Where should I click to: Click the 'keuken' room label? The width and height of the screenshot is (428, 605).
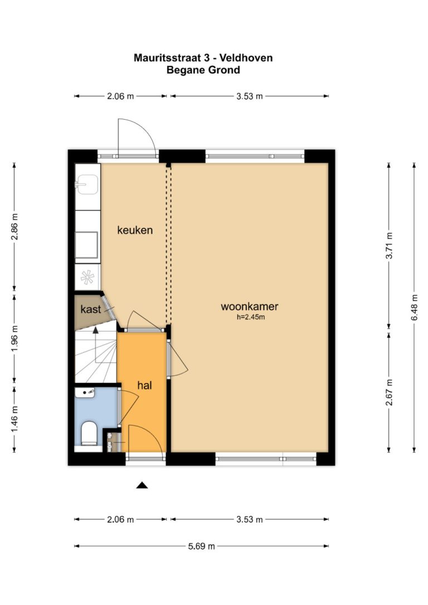135,230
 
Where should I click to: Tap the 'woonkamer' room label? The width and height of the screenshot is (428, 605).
249,307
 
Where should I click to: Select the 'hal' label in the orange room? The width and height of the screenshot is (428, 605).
144,385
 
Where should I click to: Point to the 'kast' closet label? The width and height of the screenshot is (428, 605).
91,309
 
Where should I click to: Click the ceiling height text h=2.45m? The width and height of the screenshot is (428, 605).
251,318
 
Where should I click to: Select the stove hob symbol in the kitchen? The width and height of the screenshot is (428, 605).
87,277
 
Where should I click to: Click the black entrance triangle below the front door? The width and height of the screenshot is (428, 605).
142,485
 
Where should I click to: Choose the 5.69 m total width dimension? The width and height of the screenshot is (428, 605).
201,546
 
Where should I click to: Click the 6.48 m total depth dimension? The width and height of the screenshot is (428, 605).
414,308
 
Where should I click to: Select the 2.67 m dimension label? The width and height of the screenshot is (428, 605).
389,392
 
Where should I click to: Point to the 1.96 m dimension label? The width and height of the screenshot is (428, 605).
14,338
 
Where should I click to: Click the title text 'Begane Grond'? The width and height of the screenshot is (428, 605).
203,70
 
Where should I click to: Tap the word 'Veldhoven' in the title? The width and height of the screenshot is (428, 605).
250,58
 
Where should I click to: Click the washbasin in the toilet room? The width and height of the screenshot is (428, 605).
85,392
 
